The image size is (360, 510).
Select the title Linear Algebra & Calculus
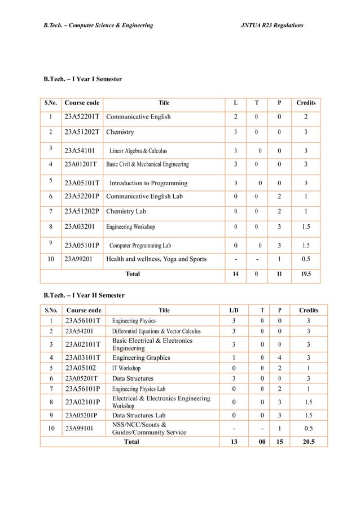click(138, 151)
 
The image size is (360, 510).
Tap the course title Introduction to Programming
click(148, 183)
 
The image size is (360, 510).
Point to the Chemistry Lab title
click(126, 211)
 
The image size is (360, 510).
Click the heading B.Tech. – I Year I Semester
click(82, 79)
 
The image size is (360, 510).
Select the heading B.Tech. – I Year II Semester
click(84, 295)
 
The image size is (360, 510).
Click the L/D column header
click(234, 310)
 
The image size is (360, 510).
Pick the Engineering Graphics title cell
click(141, 358)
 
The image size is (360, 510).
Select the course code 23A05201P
click(83, 415)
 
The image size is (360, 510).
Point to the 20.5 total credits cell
click(308, 442)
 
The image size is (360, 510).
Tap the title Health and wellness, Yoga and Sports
click(156, 259)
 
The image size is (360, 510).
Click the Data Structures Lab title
click(139, 415)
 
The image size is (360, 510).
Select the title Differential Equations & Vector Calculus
click(156, 331)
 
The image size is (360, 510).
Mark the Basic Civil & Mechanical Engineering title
click(147, 164)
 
